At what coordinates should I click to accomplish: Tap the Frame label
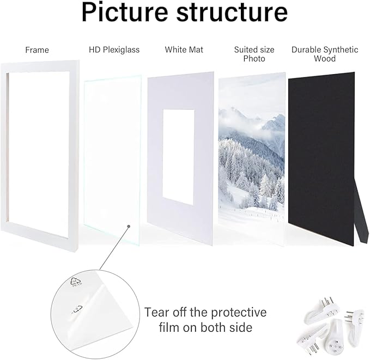(37, 50)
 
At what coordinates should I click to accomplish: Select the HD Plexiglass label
(114, 50)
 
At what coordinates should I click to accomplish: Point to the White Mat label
(184, 50)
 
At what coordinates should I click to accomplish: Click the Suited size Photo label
(254, 54)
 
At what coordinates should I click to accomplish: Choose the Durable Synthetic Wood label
(325, 54)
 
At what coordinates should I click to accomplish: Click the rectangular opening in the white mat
(178, 157)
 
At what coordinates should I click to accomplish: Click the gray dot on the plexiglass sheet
(129, 226)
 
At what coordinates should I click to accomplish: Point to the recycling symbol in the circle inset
(76, 282)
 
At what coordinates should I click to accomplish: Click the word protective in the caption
(239, 313)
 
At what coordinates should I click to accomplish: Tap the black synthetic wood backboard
(321, 158)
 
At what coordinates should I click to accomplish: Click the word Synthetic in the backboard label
(341, 50)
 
